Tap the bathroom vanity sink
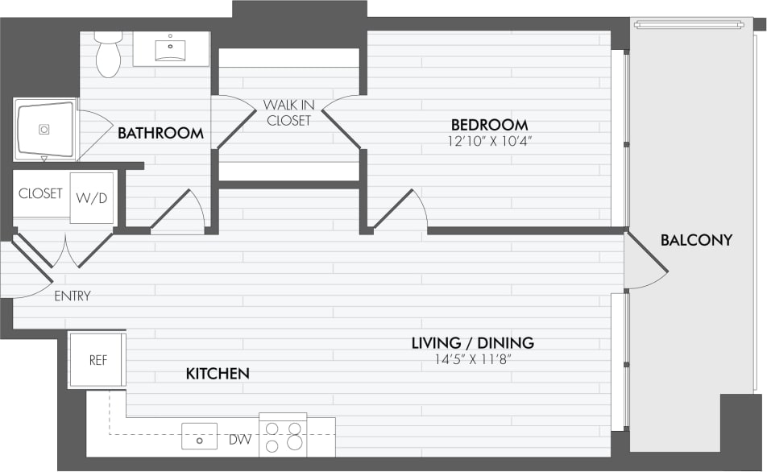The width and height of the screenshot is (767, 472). (171, 49)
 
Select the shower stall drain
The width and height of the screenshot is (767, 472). (44, 129)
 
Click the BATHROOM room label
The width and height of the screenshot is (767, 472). (160, 133)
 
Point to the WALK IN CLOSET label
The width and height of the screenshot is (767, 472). (288, 113)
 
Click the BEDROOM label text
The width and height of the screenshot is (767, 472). (489, 125)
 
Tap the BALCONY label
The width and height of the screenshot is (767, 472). (696, 239)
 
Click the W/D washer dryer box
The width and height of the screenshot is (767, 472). (91, 198)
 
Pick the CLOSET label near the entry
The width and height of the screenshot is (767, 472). (40, 193)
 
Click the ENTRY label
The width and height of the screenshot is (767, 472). (72, 296)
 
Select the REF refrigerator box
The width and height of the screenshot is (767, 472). (97, 360)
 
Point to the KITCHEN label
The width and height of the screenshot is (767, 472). (218, 374)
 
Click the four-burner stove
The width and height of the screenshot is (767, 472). (283, 435)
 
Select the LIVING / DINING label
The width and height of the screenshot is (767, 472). (472, 343)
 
